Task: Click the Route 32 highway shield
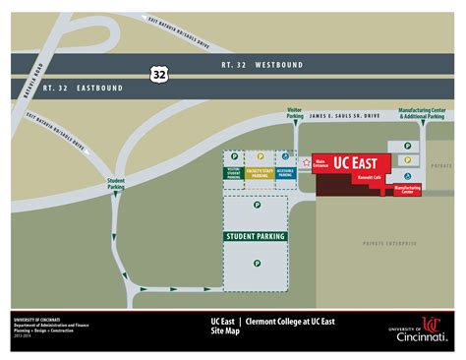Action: pos(158,74)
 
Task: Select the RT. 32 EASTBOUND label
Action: pos(85,89)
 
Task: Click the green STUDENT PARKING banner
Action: pos(256,236)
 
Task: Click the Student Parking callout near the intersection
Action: pos(117,184)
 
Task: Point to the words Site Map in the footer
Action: pos(227,332)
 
